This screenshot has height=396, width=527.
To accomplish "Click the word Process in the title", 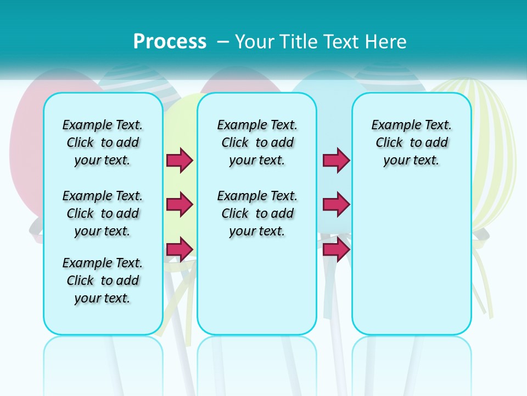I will coord(170,41).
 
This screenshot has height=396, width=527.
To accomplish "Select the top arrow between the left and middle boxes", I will coord(180,160).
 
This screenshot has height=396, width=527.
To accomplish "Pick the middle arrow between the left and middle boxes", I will coord(180,205).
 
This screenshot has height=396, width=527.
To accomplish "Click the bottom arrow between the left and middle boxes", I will coord(180,249).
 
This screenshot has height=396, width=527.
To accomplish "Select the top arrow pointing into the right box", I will coord(336,160).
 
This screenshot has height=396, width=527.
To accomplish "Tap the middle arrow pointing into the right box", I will coord(336,205).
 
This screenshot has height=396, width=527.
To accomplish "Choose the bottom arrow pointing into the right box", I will coord(336,249).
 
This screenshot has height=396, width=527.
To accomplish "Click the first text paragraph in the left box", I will coord(103,142).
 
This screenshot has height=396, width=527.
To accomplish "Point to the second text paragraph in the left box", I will coord(103,213).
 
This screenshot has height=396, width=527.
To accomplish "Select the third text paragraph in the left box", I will coord(103,280).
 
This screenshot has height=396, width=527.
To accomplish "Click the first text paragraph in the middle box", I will coord(257,142).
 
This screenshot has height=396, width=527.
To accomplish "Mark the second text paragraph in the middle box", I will coord(257,213).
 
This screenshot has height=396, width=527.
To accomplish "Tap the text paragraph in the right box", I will coord(412,142).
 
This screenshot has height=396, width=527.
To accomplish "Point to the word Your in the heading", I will coord(254,41).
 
